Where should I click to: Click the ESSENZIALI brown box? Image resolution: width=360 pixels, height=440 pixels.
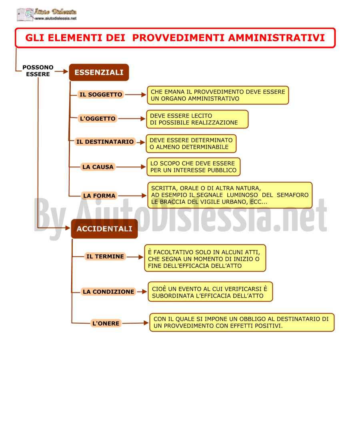(99, 72)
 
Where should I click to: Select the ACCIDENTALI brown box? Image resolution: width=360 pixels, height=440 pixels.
(104, 229)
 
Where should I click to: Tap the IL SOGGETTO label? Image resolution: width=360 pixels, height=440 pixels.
(101, 94)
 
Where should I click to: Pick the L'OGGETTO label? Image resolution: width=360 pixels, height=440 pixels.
(98, 119)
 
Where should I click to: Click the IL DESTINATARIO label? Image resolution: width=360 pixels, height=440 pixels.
(105, 142)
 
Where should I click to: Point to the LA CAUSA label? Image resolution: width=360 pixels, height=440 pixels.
(98, 167)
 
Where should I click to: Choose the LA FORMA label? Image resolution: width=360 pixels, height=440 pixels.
(99, 196)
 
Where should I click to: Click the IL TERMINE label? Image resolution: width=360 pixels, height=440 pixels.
(105, 256)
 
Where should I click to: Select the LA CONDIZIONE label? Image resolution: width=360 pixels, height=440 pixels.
(108, 292)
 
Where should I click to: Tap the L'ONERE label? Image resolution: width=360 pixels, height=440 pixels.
(106, 323)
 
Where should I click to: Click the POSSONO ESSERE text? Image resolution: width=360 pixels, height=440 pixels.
(38, 71)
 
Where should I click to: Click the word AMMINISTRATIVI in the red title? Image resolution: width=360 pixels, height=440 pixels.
(276, 38)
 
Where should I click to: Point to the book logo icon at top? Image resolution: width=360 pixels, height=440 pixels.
(25, 14)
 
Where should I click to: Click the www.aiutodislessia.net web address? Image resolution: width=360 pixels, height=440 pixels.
(56, 18)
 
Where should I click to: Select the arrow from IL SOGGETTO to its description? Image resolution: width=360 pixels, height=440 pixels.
(136, 95)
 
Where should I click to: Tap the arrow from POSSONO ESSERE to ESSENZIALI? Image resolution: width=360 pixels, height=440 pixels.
(62, 72)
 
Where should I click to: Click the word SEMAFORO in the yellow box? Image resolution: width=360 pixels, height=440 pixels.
(292, 195)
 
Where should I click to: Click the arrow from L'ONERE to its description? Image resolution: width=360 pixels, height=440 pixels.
(136, 323)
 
